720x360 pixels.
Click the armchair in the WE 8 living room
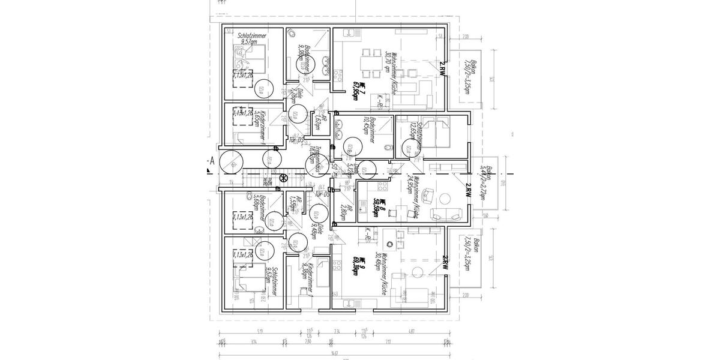tap(428, 194)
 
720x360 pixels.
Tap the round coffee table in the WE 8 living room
tap(445, 199)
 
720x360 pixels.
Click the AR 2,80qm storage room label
tap(340, 208)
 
